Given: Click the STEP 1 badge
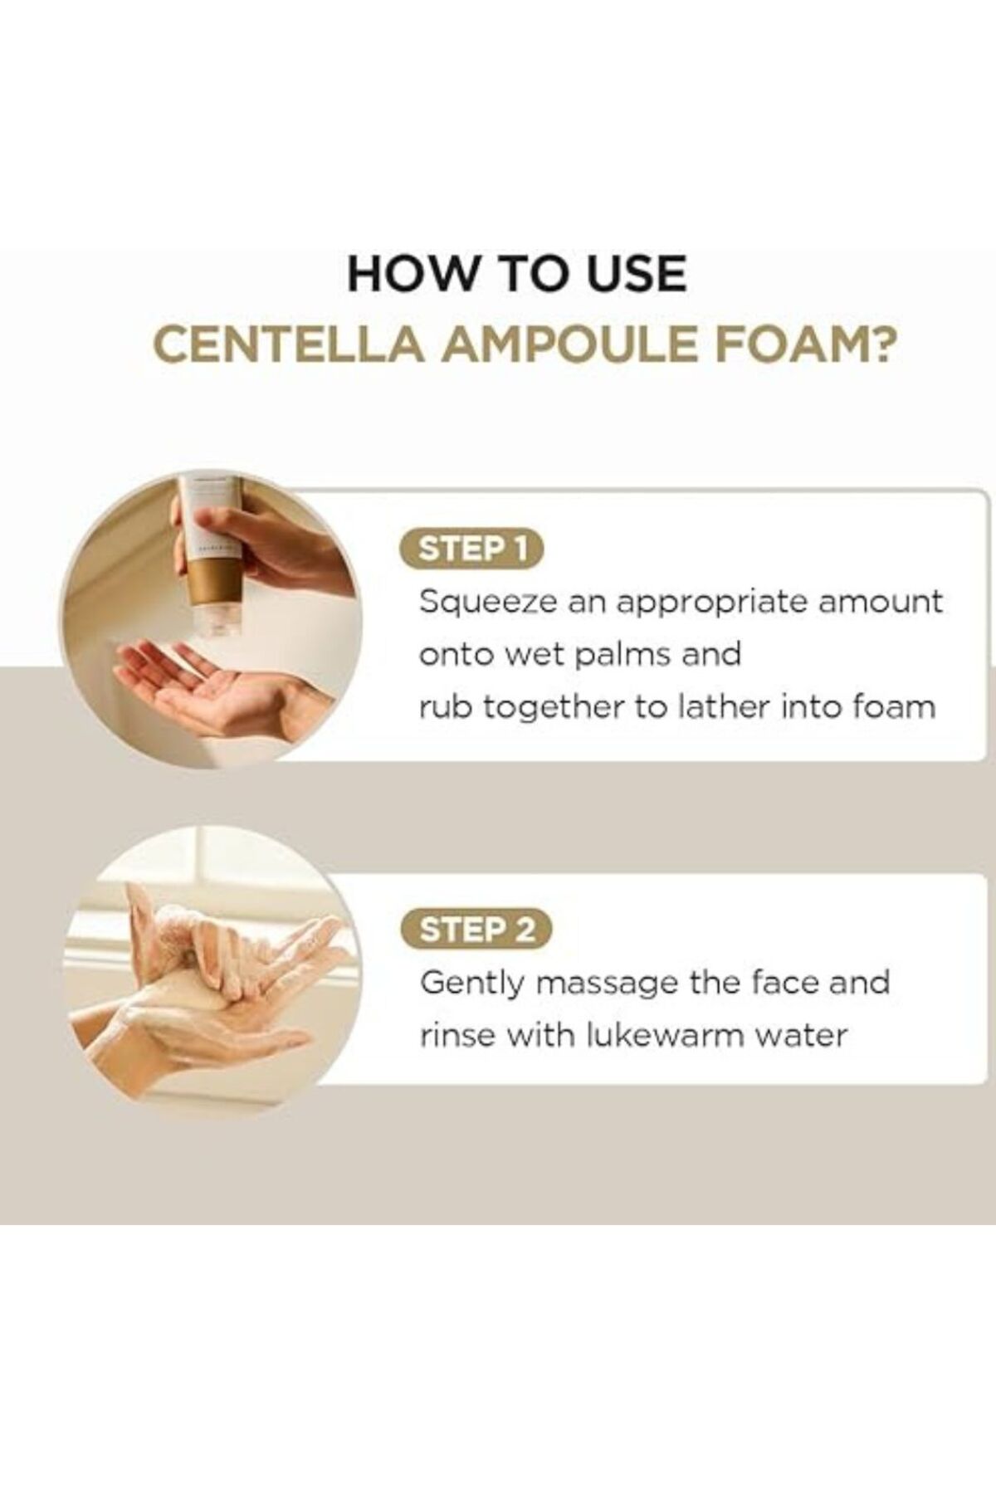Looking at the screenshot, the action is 471,549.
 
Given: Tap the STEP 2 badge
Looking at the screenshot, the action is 476,930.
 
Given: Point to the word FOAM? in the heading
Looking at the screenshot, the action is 804,344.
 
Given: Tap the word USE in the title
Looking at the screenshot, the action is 636,273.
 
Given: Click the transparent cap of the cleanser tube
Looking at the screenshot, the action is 216,615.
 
